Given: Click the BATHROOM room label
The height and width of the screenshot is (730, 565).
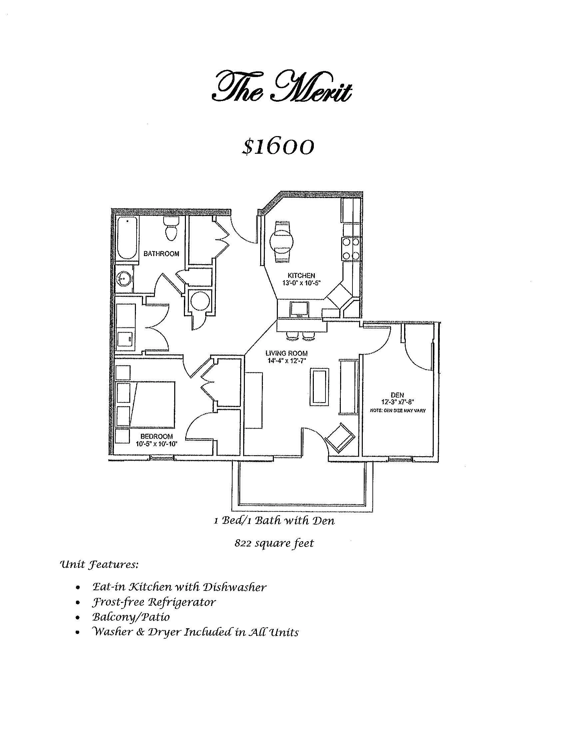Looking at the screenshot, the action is click(x=161, y=254).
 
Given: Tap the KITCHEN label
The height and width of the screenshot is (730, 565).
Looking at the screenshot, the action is click(x=301, y=275).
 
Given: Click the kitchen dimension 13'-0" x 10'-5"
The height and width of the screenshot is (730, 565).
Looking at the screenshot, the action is click(x=301, y=282).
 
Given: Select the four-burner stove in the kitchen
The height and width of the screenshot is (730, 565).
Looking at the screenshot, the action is click(x=350, y=249).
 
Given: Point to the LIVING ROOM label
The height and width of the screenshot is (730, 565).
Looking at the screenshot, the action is click(x=286, y=353).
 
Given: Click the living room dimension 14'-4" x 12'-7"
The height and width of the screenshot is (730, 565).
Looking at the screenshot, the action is click(x=286, y=360).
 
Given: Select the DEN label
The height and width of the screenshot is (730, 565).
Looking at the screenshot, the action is click(x=397, y=395).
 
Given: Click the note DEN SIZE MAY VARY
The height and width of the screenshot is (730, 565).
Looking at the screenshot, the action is click(x=398, y=411).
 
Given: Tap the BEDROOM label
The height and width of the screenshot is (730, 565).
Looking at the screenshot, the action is click(x=157, y=437).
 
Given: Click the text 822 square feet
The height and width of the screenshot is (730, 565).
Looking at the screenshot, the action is click(x=274, y=543).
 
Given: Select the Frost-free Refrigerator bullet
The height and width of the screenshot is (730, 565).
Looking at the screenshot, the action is click(x=154, y=602).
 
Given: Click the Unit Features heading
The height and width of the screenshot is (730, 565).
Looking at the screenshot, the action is click(x=99, y=565).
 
